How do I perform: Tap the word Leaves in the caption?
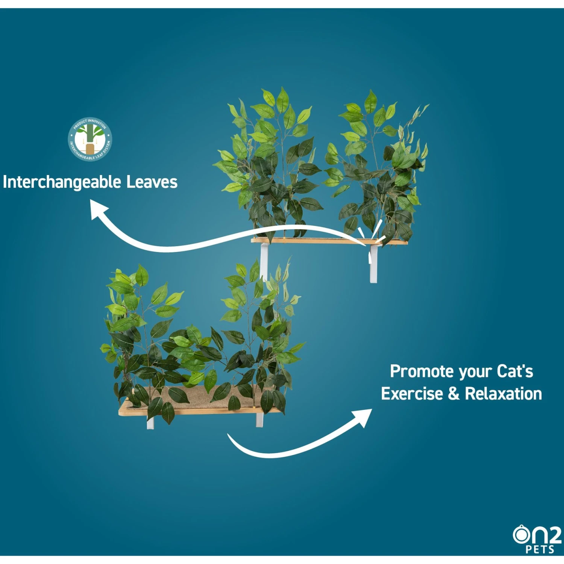click(x=152, y=182)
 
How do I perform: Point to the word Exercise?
click(x=412, y=394)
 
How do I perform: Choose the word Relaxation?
click(x=503, y=394)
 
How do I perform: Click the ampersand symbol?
click(x=454, y=394)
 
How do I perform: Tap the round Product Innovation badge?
click(x=90, y=139)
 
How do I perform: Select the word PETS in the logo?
click(x=540, y=550)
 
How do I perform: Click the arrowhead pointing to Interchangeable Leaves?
click(x=98, y=209)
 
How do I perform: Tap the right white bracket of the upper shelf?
click(x=373, y=265)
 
